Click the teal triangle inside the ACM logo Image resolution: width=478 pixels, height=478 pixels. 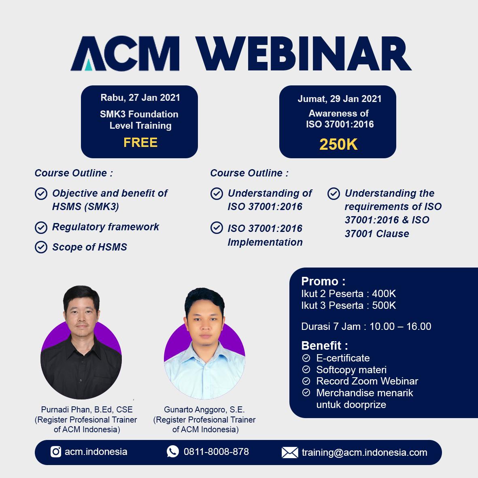click(x=88, y=65)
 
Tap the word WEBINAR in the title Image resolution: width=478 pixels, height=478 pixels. click(x=303, y=54)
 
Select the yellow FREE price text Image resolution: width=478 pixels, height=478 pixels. click(x=140, y=142)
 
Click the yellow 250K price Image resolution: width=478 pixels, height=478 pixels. click(x=338, y=144)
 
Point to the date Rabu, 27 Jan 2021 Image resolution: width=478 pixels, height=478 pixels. click(x=140, y=98)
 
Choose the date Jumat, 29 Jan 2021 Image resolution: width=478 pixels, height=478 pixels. click(x=340, y=99)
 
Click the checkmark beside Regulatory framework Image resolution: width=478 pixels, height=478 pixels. click(x=41, y=227)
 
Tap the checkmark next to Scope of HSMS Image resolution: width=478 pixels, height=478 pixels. click(x=41, y=247)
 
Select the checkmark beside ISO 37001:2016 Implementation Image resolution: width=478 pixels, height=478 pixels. click(x=217, y=228)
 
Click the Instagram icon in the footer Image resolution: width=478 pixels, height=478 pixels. click(x=56, y=451)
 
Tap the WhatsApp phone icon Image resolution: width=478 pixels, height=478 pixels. click(x=172, y=451)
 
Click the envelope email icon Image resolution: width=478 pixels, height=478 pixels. click(x=290, y=453)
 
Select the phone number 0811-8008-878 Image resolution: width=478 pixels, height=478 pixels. click(x=216, y=451)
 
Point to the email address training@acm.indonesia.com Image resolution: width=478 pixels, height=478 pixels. click(x=365, y=453)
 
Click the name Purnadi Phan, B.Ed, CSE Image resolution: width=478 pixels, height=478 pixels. click(x=87, y=410)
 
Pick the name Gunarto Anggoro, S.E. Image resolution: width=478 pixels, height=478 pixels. click(x=204, y=410)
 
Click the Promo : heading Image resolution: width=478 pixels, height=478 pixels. click(x=323, y=281)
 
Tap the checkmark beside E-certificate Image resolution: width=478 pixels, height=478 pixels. click(x=306, y=358)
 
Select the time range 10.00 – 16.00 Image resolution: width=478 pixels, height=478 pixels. click(x=400, y=327)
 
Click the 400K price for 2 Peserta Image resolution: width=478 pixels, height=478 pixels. click(x=384, y=293)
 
